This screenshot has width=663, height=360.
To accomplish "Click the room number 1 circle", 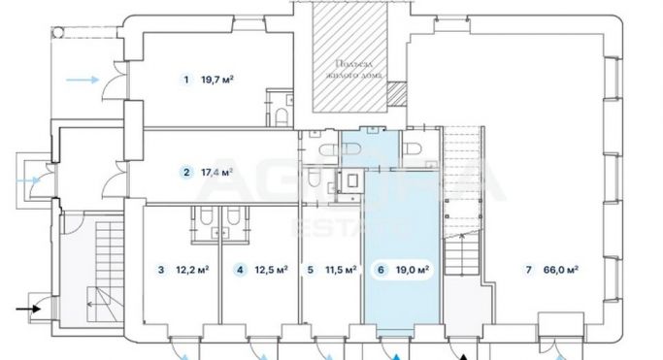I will (185, 80).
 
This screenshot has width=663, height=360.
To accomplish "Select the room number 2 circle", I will (185, 173).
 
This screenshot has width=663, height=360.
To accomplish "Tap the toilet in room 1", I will (282, 116).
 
